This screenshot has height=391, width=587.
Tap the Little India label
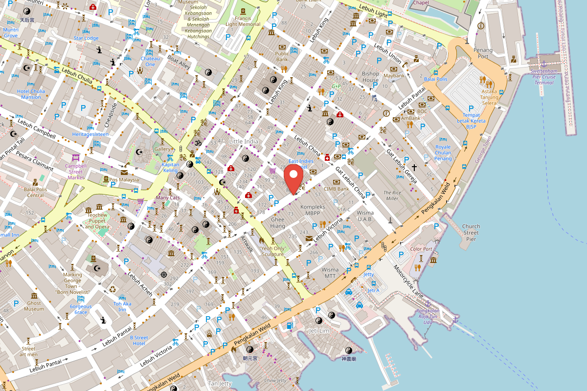click(244, 141)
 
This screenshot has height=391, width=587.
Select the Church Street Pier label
click(471, 233)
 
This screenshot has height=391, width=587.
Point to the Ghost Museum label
click(34, 305)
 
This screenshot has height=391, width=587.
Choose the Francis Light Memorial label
click(243, 21)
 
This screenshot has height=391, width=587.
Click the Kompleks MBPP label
click(313, 210)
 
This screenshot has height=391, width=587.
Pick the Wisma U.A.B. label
click(365, 216)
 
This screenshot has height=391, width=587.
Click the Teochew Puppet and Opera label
click(96, 221)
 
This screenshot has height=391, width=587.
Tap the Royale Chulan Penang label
click(443, 152)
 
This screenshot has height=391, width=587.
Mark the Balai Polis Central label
click(35, 192)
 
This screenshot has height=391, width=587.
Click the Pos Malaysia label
click(124, 179)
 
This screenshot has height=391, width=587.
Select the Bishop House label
click(370, 77)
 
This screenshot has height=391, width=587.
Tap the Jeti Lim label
click(319, 331)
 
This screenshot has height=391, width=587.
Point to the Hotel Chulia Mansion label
click(31, 94)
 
